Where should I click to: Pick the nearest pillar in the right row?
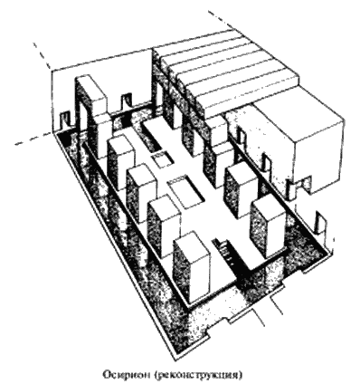click(268, 228)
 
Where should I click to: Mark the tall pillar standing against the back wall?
click(90, 116)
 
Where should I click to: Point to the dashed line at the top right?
click(223, 20)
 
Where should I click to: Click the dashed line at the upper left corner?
click(42, 56)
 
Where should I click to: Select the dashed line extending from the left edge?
click(34, 139)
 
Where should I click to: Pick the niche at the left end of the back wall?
click(65, 120)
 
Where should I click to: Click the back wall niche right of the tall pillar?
click(126, 101)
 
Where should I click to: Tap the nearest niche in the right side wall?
click(319, 224)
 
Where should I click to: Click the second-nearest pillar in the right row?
click(241, 190)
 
